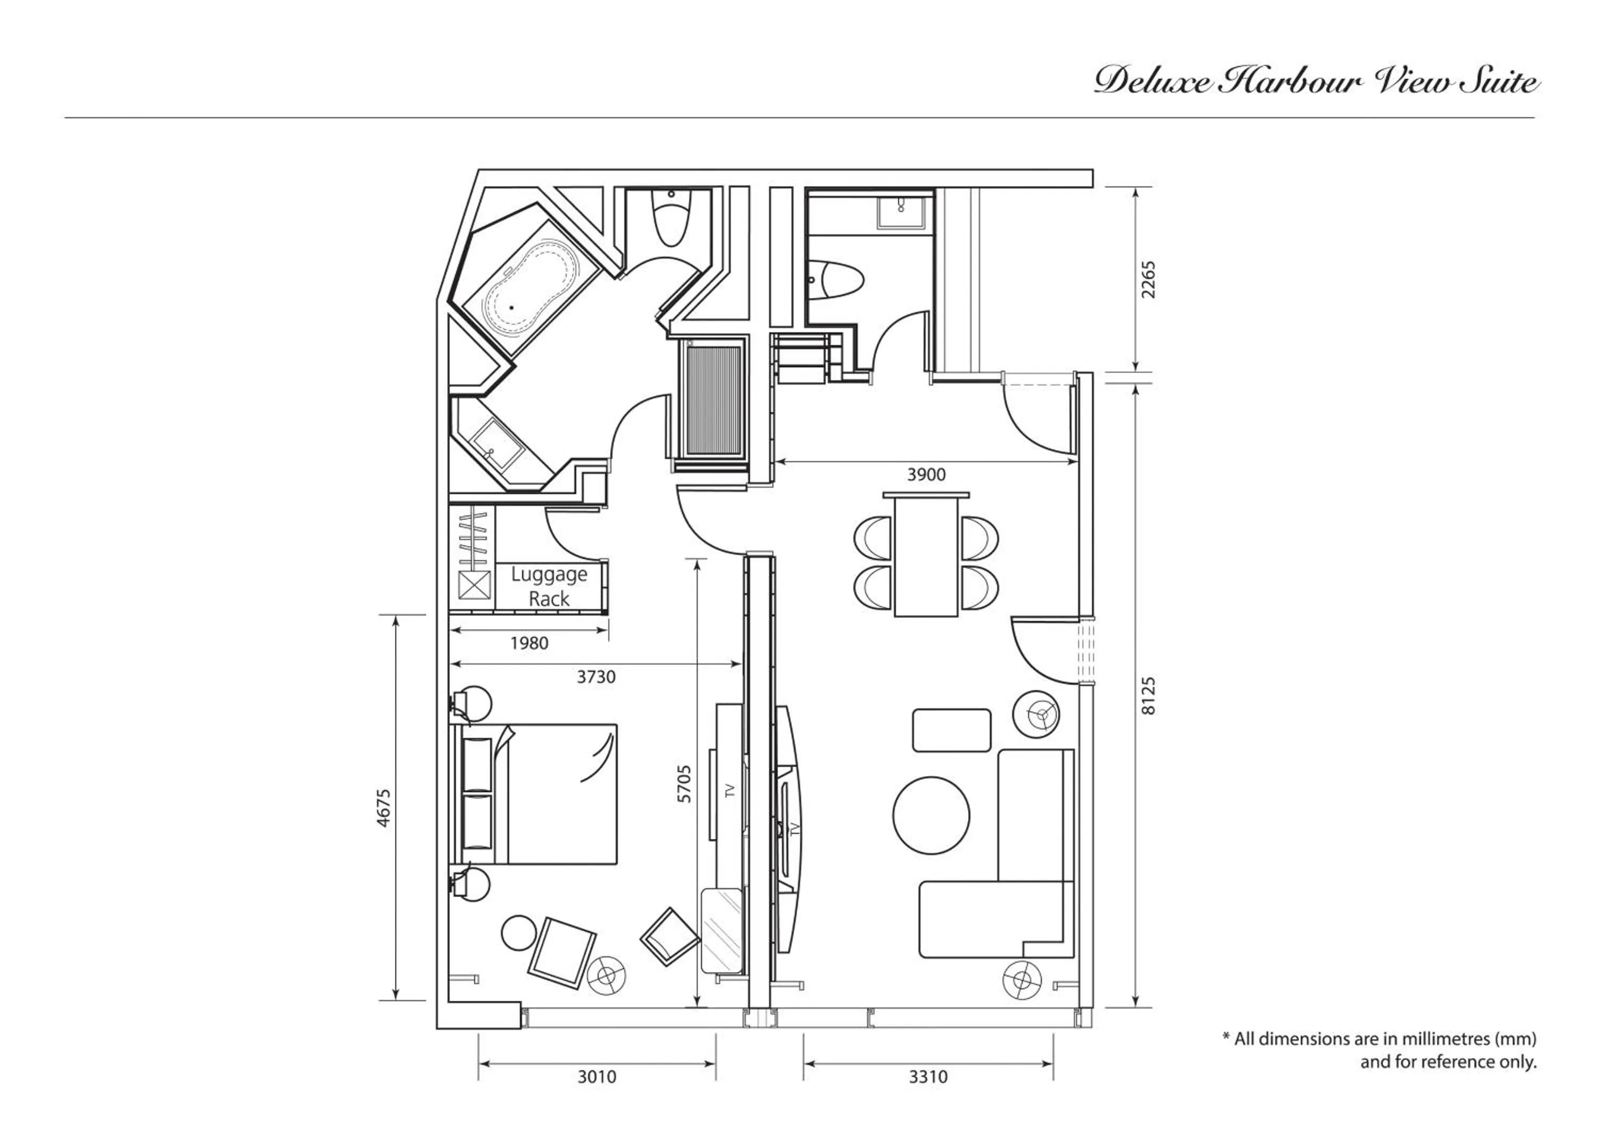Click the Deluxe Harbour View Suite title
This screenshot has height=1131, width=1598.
(x=1316, y=81)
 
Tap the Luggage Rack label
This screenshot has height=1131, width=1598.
(x=549, y=586)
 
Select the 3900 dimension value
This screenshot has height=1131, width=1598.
(x=926, y=475)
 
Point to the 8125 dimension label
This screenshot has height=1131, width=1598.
(x=1148, y=695)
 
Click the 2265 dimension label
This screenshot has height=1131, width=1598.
(x=1148, y=280)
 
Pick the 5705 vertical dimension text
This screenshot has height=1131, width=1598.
(x=685, y=784)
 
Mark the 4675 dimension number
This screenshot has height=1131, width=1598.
(x=384, y=808)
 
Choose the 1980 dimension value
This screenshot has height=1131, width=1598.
(x=529, y=643)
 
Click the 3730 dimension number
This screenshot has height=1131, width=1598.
(x=596, y=677)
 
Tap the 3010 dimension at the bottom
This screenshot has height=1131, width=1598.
(x=597, y=1077)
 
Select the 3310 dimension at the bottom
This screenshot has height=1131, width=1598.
(x=928, y=1077)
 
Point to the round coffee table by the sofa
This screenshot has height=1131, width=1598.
(x=931, y=815)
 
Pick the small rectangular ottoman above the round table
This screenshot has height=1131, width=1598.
(x=951, y=730)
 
